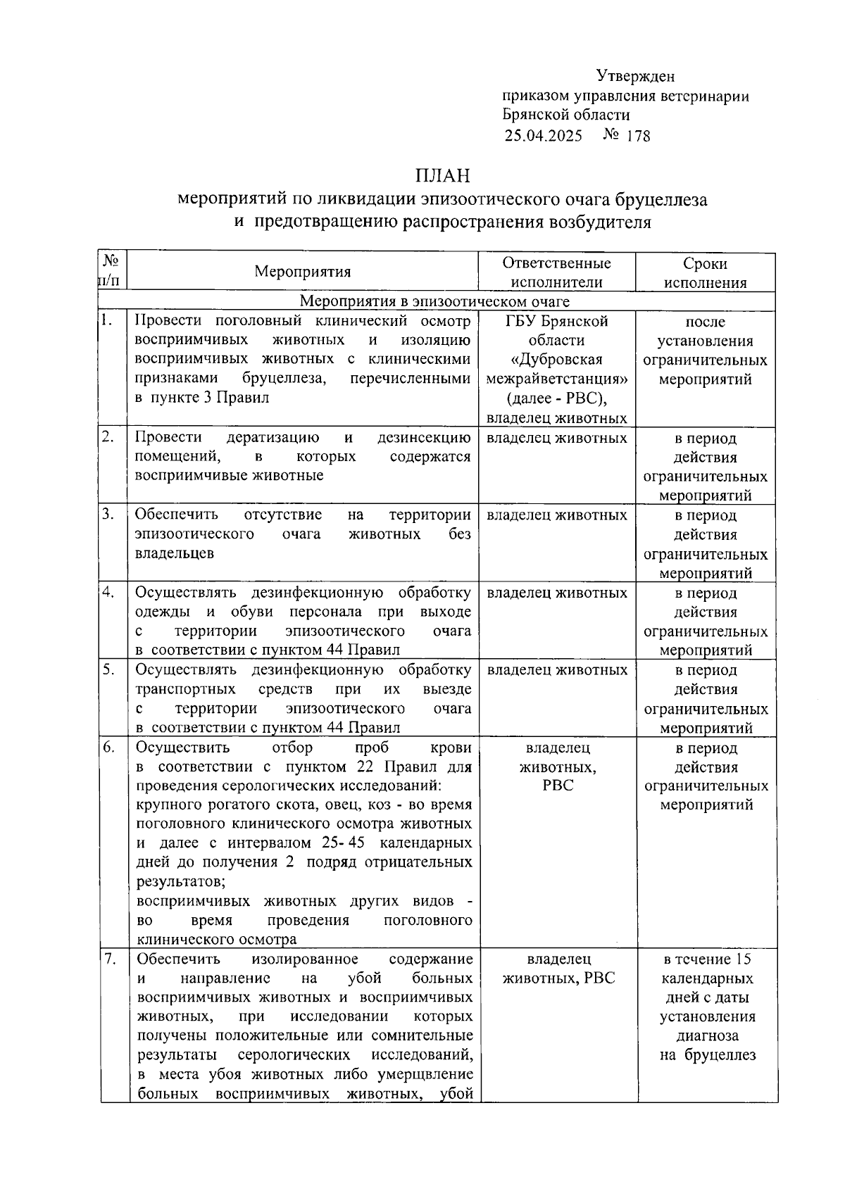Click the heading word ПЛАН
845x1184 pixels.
(442, 175)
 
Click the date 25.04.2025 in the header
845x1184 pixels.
(543, 136)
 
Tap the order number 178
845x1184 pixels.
(638, 136)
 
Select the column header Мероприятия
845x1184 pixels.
(302, 272)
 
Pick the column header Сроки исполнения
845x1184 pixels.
(705, 273)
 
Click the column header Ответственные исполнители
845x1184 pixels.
(556, 272)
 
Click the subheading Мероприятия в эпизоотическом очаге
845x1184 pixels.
(434, 302)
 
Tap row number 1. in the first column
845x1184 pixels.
(107, 321)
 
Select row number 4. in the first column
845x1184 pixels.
(108, 592)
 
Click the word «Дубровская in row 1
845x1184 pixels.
(556, 360)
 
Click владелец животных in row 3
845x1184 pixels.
(556, 515)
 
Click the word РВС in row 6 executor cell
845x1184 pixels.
(558, 786)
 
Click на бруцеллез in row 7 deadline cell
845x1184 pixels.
(707, 1054)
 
